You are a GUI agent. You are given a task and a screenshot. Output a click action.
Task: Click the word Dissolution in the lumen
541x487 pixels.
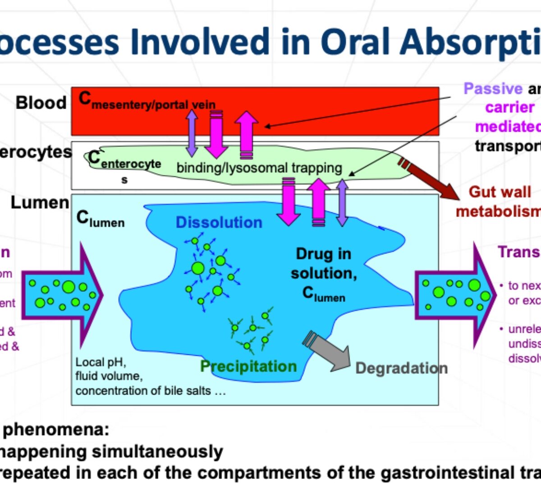[x=219, y=222]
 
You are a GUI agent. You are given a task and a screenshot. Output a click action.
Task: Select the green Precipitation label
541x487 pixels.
[x=248, y=366]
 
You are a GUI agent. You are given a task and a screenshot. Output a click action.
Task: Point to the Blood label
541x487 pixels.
[x=41, y=103]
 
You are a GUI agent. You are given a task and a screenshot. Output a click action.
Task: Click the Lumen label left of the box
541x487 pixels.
[x=40, y=202]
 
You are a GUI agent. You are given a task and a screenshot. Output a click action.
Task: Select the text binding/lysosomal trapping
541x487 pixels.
[x=259, y=168]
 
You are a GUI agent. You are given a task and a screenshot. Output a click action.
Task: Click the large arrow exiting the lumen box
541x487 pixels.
[x=455, y=295]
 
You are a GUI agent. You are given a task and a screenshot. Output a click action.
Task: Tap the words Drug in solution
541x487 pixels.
[x=324, y=264]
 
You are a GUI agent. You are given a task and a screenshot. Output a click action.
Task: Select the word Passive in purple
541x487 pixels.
[x=493, y=88]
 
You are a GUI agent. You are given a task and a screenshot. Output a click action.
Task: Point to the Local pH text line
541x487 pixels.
[x=101, y=363]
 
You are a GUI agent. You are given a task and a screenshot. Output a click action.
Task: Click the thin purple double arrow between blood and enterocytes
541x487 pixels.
[x=192, y=133]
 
